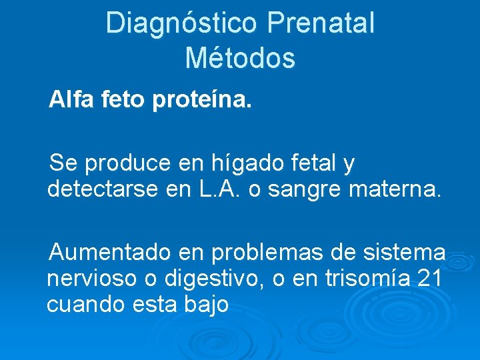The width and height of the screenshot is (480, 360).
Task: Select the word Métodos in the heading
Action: pyautogui.click(x=240, y=57)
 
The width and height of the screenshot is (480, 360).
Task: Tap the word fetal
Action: pyautogui.click(x=315, y=162)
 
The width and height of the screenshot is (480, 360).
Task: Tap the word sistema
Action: pyautogui.click(x=405, y=252)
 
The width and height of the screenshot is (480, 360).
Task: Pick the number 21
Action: pyautogui.click(x=428, y=278)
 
